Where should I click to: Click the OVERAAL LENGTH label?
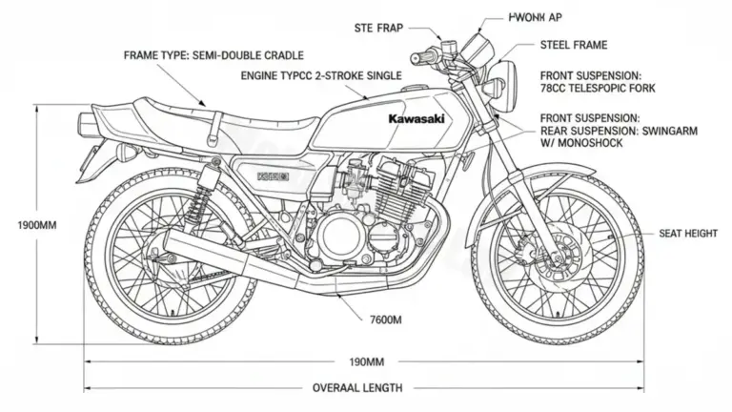tap(357, 388)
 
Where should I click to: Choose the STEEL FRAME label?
tap(573, 45)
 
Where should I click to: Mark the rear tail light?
tap(88, 123)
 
